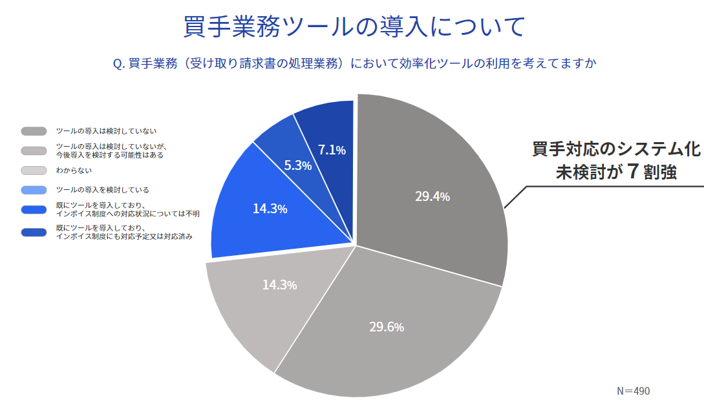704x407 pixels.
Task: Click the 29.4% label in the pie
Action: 432,196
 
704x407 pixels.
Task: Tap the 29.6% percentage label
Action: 387,327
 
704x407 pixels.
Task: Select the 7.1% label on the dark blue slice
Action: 332,150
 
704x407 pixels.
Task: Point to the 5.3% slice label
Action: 298,165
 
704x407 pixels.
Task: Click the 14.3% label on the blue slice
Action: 270,209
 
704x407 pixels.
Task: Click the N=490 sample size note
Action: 633,391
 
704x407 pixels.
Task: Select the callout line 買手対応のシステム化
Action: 615,149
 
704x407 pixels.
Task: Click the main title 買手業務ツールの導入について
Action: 353,27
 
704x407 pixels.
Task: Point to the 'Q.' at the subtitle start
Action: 118,63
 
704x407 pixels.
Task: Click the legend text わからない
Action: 74,171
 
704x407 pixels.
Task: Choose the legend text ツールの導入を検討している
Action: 102,190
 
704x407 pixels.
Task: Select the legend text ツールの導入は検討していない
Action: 106,131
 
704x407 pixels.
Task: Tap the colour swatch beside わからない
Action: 34,171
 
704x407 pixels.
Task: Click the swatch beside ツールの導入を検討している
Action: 34,190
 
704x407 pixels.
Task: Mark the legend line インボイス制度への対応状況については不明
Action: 127,213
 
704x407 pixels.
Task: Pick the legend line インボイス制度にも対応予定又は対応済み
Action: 125,236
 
